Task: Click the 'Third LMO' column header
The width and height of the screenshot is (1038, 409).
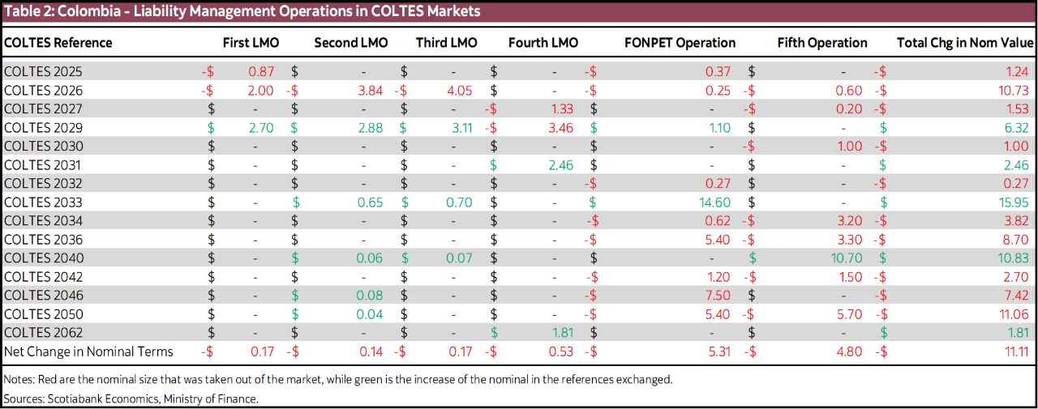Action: click(x=446, y=43)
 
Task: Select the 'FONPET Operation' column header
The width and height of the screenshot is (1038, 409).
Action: click(x=680, y=43)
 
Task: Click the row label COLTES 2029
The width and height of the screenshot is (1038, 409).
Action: click(x=43, y=128)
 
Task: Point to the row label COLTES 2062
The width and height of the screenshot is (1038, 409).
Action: click(x=43, y=333)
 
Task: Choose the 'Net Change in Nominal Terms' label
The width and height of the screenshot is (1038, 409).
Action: click(x=88, y=351)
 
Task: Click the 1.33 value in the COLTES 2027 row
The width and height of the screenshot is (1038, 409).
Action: click(x=561, y=109)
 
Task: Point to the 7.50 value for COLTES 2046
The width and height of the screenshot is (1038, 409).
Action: click(x=718, y=296)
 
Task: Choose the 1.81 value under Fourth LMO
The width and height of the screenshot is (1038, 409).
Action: click(x=562, y=333)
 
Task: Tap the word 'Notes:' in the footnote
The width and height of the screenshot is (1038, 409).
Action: click(x=19, y=379)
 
